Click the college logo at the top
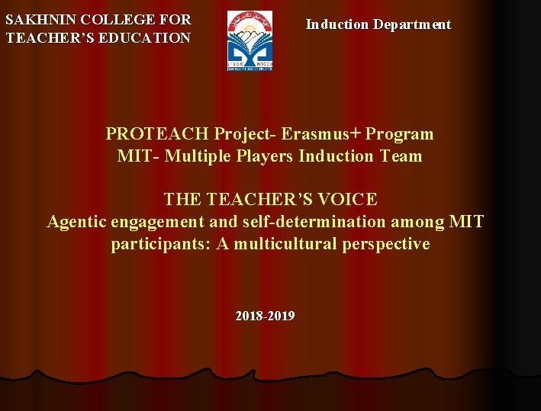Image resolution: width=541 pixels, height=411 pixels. (250, 41)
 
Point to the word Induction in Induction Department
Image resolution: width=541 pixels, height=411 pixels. (337, 24)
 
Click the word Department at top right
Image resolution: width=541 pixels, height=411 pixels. (412, 24)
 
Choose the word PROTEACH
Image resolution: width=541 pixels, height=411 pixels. (156, 134)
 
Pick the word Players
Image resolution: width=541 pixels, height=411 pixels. (267, 156)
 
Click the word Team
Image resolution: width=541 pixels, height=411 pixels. (401, 156)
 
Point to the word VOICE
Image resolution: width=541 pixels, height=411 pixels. (349, 200)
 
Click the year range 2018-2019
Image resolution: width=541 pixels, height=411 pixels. (266, 316)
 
